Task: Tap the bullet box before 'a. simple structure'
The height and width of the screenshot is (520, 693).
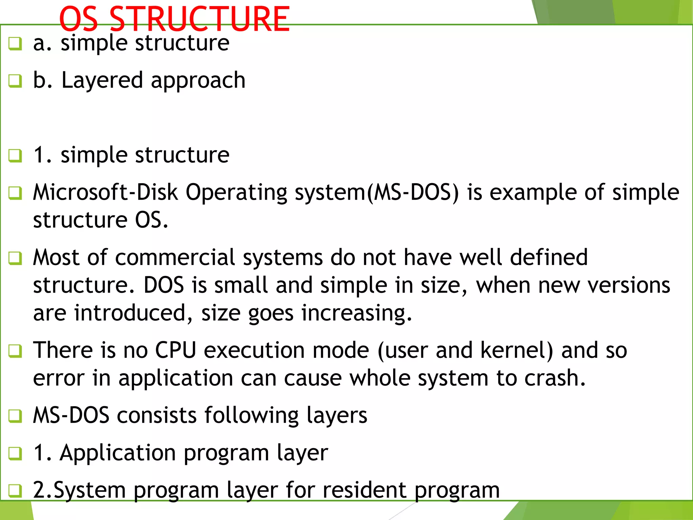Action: click(x=15, y=44)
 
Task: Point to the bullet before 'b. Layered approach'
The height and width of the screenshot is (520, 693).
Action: click(x=15, y=81)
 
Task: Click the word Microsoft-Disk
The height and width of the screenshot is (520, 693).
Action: click(x=105, y=192)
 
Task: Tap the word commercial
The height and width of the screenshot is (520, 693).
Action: click(x=175, y=258)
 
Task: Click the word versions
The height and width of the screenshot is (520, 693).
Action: click(x=629, y=285)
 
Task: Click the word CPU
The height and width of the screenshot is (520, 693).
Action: click(x=176, y=350)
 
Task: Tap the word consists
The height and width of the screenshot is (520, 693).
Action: click(x=157, y=415)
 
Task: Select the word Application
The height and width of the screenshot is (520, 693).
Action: click(x=118, y=453)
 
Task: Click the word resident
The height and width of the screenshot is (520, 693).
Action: click(x=364, y=490)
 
